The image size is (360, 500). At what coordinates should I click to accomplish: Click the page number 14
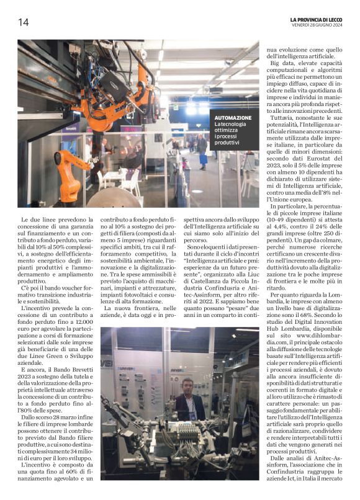[23, 22]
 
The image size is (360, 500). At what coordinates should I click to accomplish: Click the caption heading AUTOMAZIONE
[233, 118]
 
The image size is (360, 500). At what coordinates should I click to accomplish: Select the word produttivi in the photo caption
[227, 143]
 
